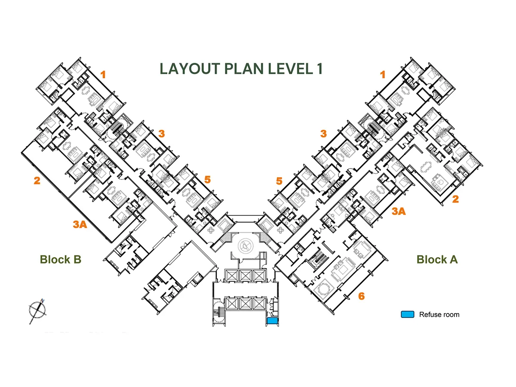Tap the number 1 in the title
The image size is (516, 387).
tap(318, 69)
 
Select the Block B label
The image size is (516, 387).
tap(61, 259)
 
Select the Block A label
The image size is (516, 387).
tap(437, 259)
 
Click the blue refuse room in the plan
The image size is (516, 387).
tap(272, 320)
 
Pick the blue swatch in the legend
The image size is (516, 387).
tap(407, 314)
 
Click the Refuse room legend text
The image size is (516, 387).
tap(439, 314)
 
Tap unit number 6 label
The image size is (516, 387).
tap(361, 296)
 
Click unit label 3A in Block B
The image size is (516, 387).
tap(80, 224)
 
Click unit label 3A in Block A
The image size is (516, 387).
tap(399, 211)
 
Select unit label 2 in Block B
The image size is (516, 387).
tap(37, 181)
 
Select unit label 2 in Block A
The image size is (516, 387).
tap(455, 199)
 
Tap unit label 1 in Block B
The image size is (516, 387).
tap(103, 74)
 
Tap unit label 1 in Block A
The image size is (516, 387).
tap(382, 74)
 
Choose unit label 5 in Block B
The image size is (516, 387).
tap(208, 179)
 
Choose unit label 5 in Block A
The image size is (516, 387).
tap(279, 181)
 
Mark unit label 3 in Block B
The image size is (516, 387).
tap(161, 133)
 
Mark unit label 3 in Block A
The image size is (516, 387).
tap(323, 133)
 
